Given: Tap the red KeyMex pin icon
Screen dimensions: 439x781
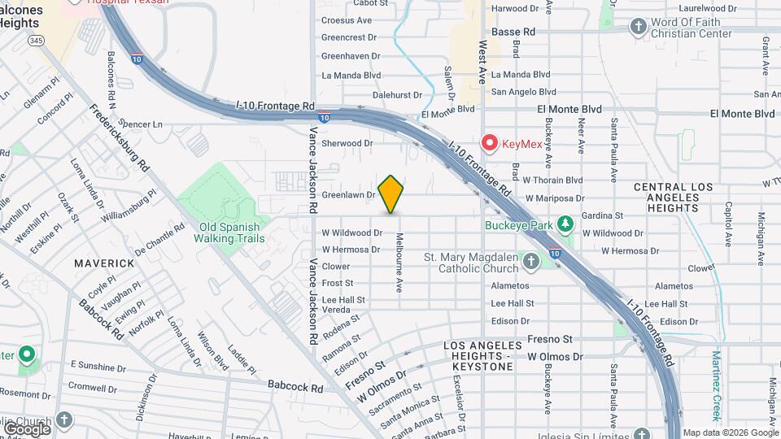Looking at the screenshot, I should click(490, 143).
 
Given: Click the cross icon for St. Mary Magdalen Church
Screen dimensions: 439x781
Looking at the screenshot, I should click(531, 262).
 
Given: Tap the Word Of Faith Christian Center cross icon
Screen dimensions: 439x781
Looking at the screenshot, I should click(639, 28).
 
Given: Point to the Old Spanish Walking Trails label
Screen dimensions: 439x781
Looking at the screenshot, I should click(229, 233).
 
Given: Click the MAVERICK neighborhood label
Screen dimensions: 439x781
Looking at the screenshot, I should click(103, 263).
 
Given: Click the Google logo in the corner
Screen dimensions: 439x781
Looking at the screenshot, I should click(27, 428).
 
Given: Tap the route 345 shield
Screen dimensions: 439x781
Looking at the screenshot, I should click(36, 39).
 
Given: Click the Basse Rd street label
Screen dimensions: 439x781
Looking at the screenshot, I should click(517, 32).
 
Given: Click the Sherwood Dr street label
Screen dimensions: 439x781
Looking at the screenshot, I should click(347, 143).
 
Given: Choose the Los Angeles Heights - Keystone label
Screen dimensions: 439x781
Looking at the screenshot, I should click(479, 356).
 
